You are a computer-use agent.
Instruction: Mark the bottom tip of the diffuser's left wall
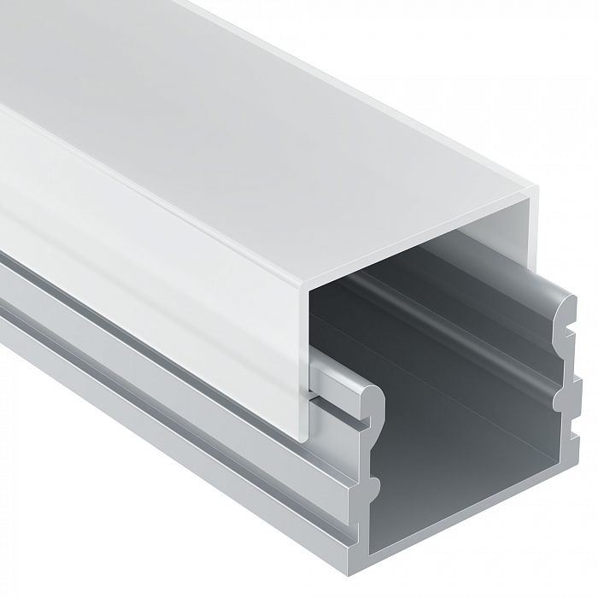coord(305,438)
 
